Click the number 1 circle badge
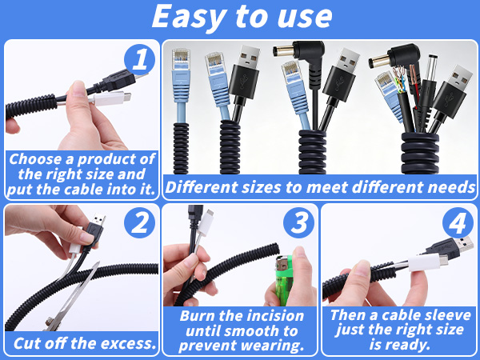point(139,59)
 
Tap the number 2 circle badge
point(139,222)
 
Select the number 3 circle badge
point(298,222)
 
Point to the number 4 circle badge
point(458,222)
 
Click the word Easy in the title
point(189,17)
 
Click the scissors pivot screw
point(49,322)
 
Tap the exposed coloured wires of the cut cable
point(399,80)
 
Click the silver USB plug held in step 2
point(99,219)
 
